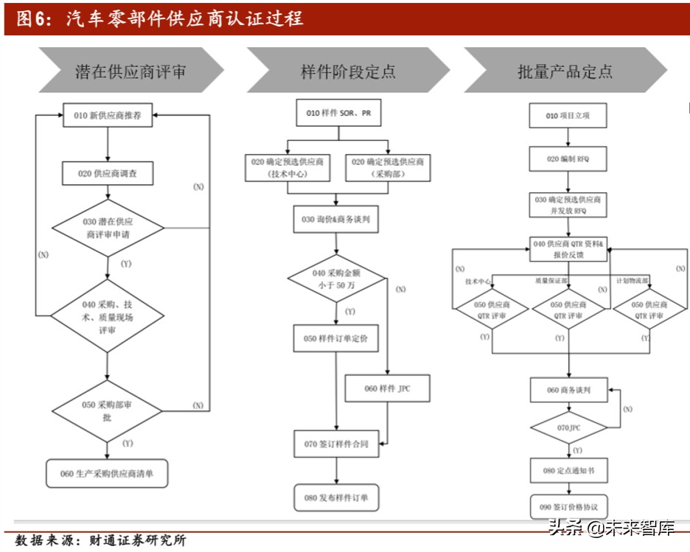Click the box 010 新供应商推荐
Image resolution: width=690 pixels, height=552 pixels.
pos(108,116)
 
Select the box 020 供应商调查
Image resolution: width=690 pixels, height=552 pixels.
pos(108,174)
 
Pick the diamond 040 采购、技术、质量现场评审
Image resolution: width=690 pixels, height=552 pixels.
pos(108,315)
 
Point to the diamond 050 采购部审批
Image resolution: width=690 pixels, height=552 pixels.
pos(108,410)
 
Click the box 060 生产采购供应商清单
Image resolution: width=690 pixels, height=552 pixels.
pos(108,474)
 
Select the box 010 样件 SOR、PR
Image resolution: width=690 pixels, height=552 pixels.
pos(339,113)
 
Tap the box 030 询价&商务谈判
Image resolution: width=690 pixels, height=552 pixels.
pos(337,220)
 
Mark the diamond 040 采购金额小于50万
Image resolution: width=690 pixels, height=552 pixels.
pos(337,279)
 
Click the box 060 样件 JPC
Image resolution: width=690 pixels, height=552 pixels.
pos(387,388)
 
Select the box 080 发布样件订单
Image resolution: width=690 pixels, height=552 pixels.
pos(337,497)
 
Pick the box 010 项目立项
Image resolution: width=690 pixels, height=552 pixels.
pos(568,116)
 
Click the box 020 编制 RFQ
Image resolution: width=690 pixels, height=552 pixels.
pos(568,159)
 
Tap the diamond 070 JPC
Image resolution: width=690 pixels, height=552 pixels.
pos(568,427)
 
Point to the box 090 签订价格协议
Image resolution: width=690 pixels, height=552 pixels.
pos(568,507)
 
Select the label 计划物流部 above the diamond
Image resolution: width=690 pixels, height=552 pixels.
pos(632,281)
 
